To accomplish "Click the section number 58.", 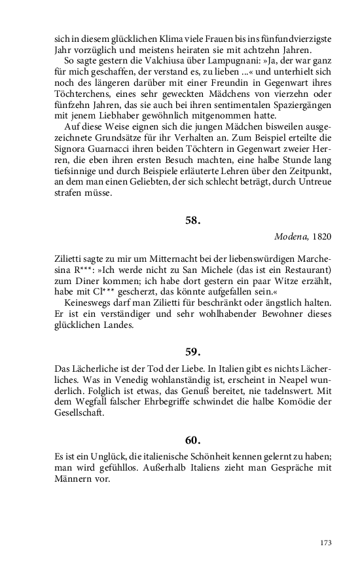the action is point(192,221).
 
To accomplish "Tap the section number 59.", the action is point(192,351).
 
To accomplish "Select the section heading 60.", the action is point(192,440).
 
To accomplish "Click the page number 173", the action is point(326,543).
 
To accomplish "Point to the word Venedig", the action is point(161,384).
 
